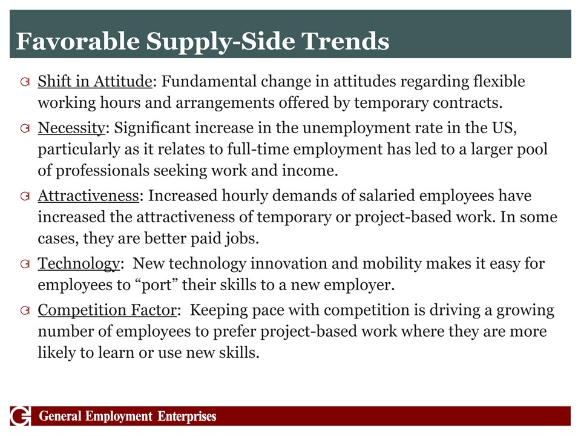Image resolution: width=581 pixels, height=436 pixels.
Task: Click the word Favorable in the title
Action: click(x=78, y=41)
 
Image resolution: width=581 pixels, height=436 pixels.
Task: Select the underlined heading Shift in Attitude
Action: click(x=95, y=82)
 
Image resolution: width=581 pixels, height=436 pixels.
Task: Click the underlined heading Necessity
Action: click(x=71, y=128)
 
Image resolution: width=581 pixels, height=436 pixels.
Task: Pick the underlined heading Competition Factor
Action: click(x=107, y=310)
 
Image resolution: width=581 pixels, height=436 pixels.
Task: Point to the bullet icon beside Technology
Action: click(x=25, y=264)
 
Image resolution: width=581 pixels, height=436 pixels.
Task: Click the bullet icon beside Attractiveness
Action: click(x=25, y=196)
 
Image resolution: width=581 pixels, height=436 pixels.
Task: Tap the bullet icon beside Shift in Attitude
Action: click(x=25, y=82)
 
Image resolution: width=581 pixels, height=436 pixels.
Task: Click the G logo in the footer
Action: click(x=21, y=416)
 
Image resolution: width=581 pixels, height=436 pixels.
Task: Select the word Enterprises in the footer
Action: click(x=187, y=417)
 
